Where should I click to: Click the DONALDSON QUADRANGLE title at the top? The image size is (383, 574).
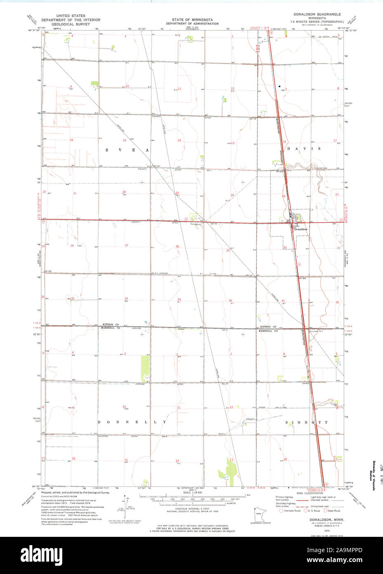(x=315, y=14)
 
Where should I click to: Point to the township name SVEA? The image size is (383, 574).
(x=126, y=150)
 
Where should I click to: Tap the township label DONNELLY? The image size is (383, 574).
(x=132, y=422)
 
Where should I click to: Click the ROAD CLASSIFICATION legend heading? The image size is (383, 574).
(x=308, y=493)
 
